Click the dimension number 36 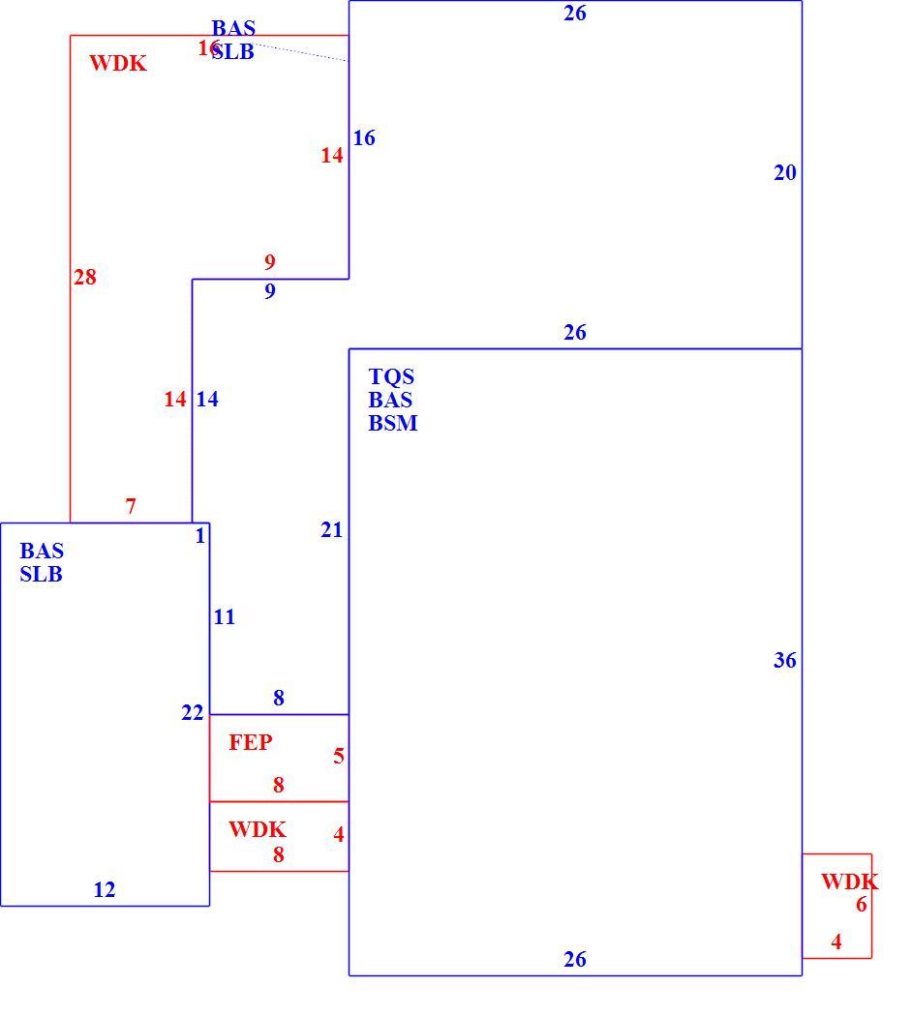tap(785, 660)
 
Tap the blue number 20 tap(785, 172)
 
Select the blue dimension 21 tap(331, 530)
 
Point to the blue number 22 tap(193, 713)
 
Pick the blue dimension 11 tap(225, 617)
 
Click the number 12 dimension tap(105, 889)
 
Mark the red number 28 tap(85, 278)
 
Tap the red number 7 tap(131, 505)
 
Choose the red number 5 tap(338, 756)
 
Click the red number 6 tap(861, 904)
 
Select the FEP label tap(250, 742)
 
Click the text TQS tap(391, 376)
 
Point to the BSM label tap(393, 423)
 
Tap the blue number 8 tap(279, 698)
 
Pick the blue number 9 tap(270, 291)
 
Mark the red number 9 tap(270, 262)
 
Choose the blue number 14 tap(207, 399)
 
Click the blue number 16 tap(364, 137)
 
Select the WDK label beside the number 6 tap(850, 882)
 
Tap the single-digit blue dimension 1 tap(200, 536)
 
